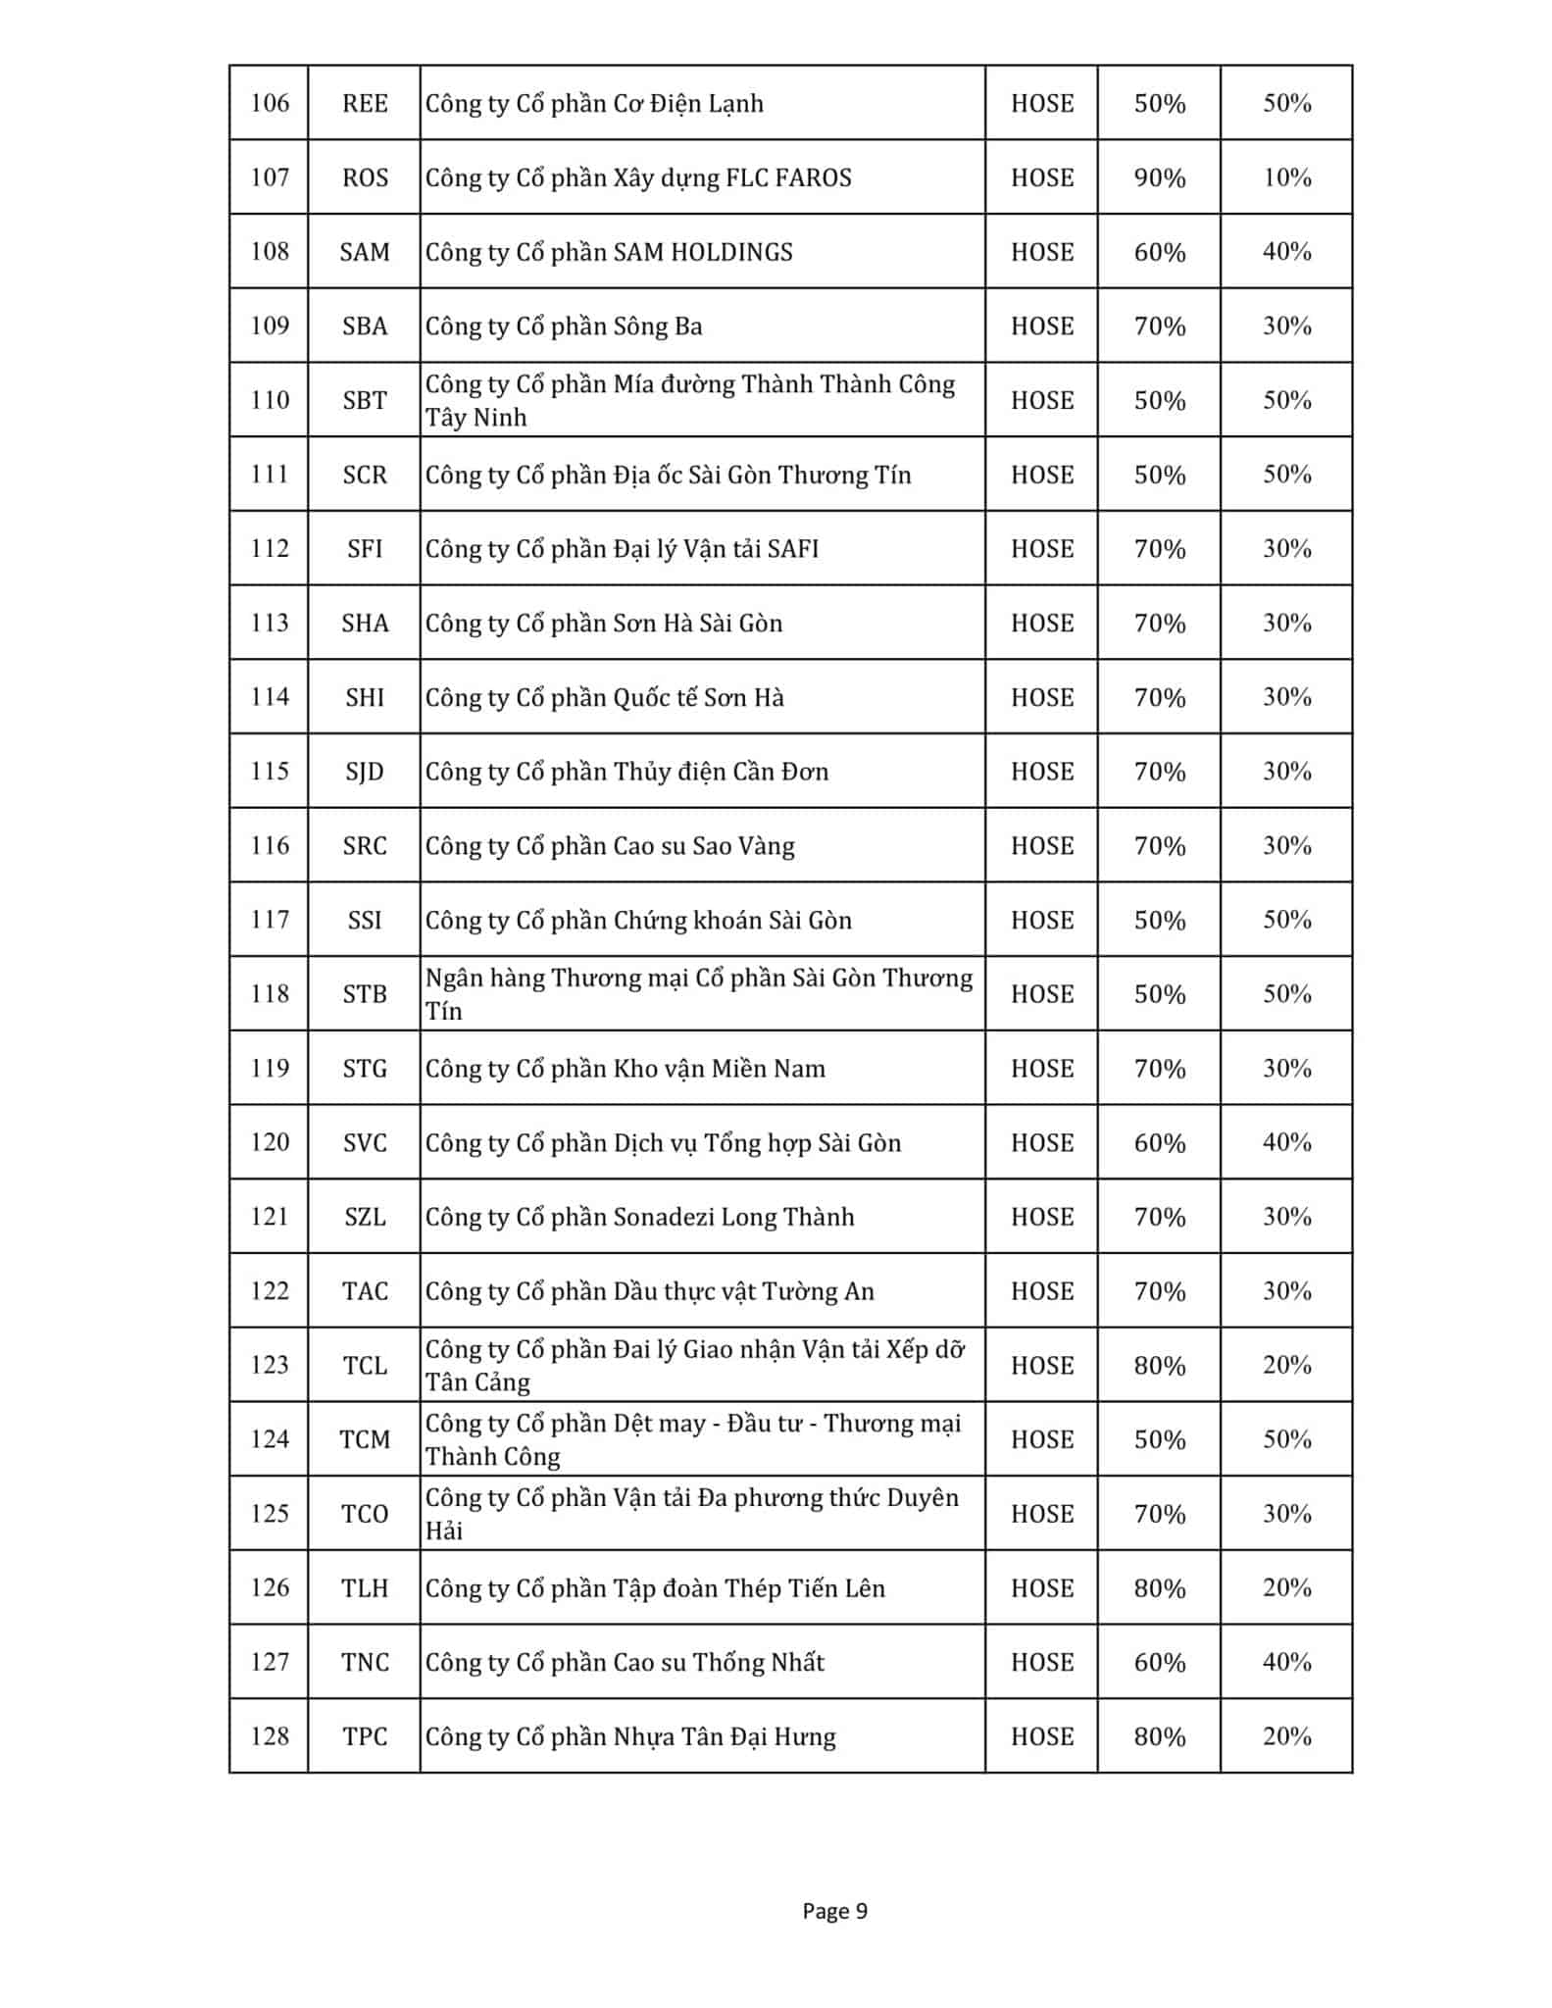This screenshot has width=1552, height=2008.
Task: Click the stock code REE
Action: click(365, 103)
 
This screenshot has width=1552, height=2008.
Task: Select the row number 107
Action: click(270, 177)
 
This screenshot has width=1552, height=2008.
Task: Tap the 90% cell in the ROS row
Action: click(1159, 177)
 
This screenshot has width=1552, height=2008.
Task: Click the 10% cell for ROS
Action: click(1286, 177)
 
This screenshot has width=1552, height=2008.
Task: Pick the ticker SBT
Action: click(365, 400)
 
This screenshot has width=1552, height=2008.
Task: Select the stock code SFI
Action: click(365, 548)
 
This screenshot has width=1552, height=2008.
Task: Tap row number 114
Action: click(270, 697)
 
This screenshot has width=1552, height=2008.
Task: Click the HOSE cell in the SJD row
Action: click(1041, 772)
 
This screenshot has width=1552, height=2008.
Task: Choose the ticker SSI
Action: click(365, 920)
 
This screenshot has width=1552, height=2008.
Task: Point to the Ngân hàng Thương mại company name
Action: click(698, 993)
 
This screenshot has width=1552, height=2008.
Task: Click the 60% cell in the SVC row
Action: click(1159, 1142)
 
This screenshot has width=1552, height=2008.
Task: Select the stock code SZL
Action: click(365, 1217)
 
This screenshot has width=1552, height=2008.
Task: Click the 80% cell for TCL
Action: click(1159, 1365)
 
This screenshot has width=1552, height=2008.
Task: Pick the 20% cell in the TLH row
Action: click(1286, 1587)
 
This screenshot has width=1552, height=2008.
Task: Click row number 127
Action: click(270, 1662)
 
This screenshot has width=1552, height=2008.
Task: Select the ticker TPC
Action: click(365, 1736)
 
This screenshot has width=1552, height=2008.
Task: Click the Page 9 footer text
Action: click(834, 1910)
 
